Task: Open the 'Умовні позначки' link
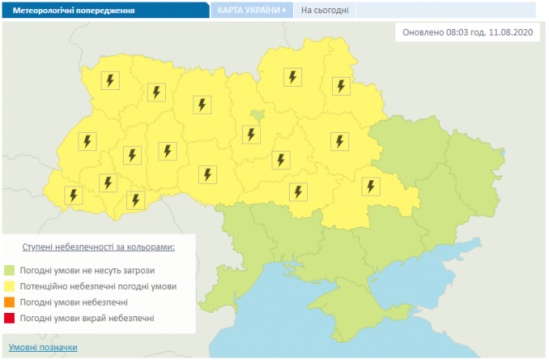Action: (x=43, y=347)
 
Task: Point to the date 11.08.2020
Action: (x=514, y=33)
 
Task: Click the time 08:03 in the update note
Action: (x=458, y=33)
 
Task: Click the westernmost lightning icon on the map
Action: (x=73, y=196)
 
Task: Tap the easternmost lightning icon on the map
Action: (x=372, y=186)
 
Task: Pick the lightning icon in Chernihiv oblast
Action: (x=292, y=77)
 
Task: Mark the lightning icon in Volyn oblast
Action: (x=111, y=81)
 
